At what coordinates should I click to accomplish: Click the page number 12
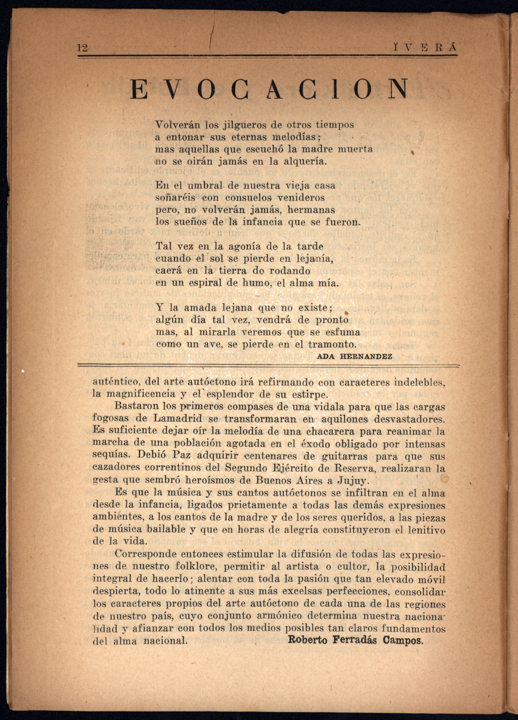pyautogui.click(x=82, y=48)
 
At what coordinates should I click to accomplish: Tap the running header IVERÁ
pyautogui.click(x=425, y=48)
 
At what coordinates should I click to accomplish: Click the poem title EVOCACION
pyautogui.click(x=269, y=89)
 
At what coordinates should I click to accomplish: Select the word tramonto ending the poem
pyautogui.click(x=332, y=344)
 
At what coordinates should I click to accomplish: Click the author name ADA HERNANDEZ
pyautogui.click(x=354, y=356)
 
